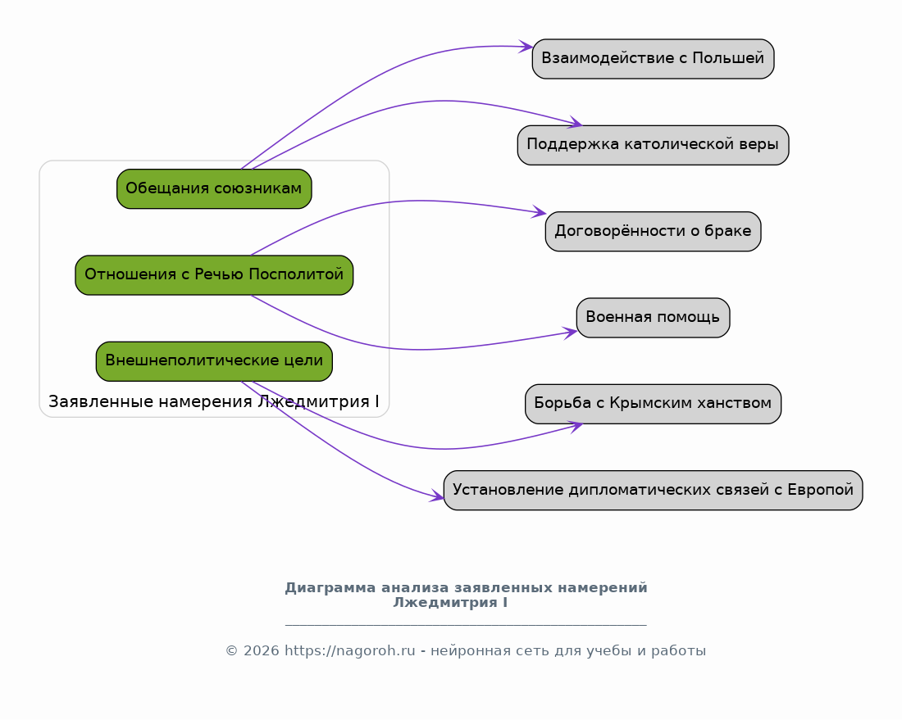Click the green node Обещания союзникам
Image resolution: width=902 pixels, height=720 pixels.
pos(214,188)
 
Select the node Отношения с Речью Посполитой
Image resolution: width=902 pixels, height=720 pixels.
pos(214,274)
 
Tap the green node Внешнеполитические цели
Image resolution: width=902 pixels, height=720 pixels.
pos(214,361)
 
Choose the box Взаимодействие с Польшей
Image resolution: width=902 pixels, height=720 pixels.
pos(653,59)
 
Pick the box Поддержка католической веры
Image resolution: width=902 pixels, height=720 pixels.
pos(653,145)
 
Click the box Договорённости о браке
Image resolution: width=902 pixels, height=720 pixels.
pos(653,231)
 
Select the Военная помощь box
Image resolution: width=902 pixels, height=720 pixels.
pos(653,317)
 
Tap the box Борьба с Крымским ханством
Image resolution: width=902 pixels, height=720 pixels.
pos(653,403)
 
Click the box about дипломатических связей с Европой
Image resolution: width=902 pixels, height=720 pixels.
pos(653,490)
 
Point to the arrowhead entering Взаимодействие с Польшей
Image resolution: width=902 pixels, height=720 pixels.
pos(526,47)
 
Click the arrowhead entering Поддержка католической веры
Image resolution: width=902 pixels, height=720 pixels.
pos(576,122)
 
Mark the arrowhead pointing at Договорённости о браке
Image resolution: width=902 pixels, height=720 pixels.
pos(539,211)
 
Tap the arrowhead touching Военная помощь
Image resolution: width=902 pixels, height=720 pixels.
pos(570,333)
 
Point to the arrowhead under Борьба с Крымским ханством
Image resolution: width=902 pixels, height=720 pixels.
pos(576,427)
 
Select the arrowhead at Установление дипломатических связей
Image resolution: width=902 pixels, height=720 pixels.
pos(436,496)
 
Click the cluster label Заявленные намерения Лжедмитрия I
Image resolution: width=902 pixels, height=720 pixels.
pos(213,401)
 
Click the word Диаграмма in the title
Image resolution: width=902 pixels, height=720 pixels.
pos(330,588)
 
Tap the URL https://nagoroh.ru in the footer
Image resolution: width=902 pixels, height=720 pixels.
pos(350,650)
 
